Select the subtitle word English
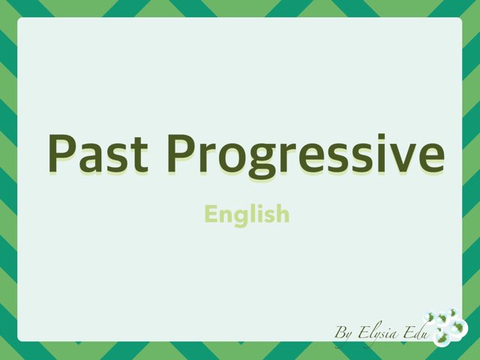[x=247, y=215]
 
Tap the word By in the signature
[x=343, y=331]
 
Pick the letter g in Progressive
[x=264, y=160]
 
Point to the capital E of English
[x=211, y=214]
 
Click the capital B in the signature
[x=340, y=331]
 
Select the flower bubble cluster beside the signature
[x=447, y=327]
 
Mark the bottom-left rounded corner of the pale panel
[x=22, y=337]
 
